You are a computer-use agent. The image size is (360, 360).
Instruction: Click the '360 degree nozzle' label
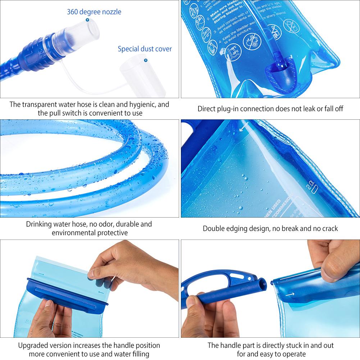94,12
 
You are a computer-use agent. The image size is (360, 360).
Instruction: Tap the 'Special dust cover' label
145,49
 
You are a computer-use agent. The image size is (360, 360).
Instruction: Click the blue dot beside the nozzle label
87,20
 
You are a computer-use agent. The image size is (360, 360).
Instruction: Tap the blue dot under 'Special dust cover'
146,60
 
